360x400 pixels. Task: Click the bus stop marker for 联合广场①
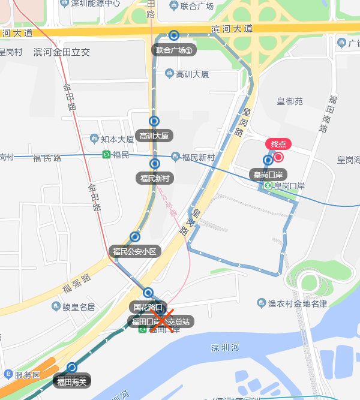point(174,35)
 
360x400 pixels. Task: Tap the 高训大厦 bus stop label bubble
point(155,136)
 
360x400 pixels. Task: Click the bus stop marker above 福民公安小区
point(134,237)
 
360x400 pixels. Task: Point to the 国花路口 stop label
point(148,307)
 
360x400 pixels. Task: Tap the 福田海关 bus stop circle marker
point(73,368)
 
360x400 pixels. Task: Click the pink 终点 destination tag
point(278,144)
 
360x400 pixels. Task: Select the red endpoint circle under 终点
point(278,157)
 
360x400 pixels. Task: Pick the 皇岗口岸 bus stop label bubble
point(268,175)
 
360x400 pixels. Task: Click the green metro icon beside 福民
point(106,155)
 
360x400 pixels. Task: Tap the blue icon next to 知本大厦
point(94,139)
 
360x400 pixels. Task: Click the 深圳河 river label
point(225,348)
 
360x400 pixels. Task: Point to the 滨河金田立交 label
point(61,52)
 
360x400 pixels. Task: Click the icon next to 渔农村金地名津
point(262,303)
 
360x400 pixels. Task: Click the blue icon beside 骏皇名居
point(55,307)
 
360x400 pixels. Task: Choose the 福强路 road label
point(76,285)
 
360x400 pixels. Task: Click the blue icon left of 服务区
point(8,375)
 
